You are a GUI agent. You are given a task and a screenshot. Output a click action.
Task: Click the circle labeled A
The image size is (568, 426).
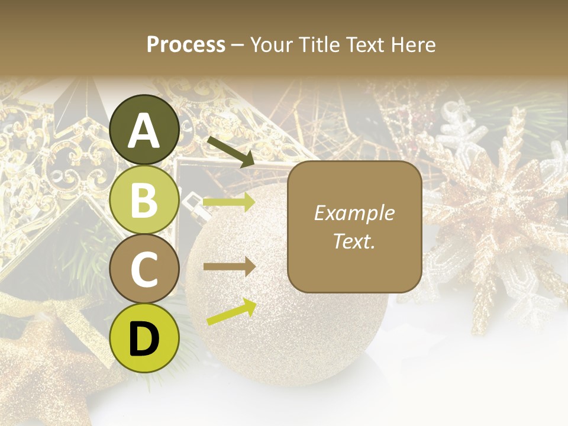coord(144,130)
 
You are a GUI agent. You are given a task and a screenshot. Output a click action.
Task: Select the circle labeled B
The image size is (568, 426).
coord(144,199)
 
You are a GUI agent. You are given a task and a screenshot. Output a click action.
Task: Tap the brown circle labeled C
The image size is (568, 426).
coord(144,269)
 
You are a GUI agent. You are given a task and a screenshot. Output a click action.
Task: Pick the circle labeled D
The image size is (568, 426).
coord(144,338)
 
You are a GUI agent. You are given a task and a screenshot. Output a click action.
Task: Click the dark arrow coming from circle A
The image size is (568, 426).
coord(231,151)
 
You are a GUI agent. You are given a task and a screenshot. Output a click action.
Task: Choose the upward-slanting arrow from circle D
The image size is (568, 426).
coord(231,312)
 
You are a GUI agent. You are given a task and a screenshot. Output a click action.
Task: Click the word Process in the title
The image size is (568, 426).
coord(186,44)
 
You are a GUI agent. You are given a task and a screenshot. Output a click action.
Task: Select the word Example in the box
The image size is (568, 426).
coord(354,213)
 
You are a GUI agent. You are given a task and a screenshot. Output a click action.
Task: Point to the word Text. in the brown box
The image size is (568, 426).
coord(354,241)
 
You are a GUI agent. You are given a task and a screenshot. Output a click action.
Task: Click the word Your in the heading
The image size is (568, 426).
coord(272,44)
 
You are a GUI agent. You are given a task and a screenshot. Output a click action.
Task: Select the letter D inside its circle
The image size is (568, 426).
coord(144,339)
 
